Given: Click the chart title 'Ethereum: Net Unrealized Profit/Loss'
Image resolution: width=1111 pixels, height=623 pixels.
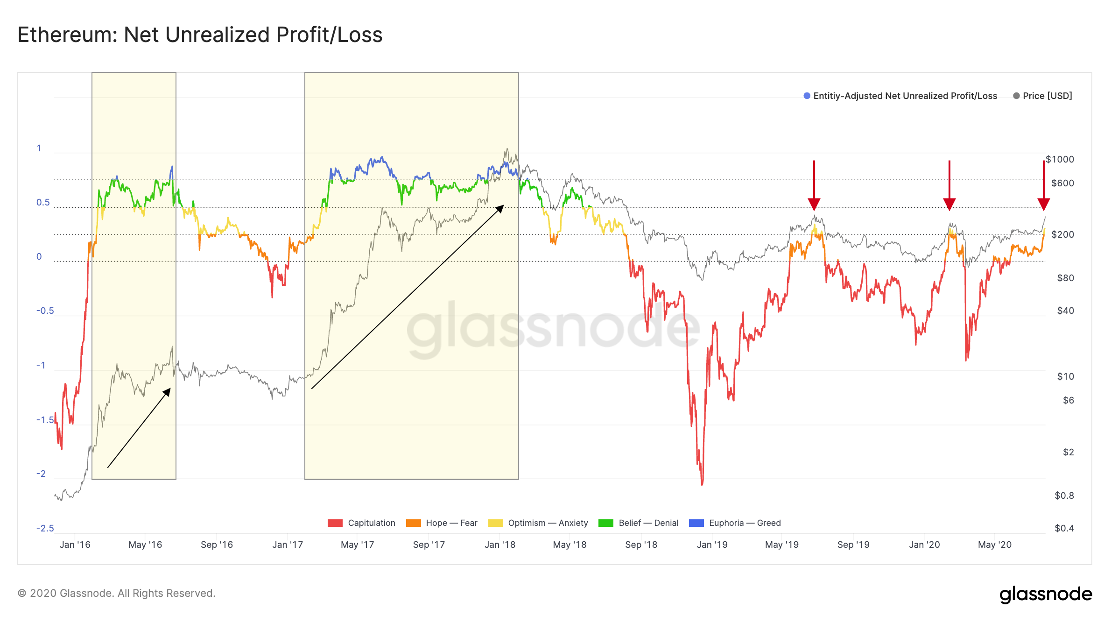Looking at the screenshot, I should coord(200,35).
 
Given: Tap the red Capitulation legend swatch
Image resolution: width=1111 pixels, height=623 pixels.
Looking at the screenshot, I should coord(335,523).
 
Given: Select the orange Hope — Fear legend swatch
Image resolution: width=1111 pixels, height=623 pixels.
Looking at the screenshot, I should coord(414,523).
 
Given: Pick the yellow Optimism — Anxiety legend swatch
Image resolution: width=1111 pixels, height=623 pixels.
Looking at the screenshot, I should coord(496,523).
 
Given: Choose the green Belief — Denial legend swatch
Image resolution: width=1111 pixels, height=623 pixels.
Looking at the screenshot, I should coord(606,523).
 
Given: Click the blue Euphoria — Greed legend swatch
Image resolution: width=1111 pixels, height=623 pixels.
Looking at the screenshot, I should coord(696,523).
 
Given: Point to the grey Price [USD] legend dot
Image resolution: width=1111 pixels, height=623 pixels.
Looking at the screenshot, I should coord(1016,96).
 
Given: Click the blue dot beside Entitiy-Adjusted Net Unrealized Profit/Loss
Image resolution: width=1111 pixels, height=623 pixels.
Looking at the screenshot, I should coord(807,96).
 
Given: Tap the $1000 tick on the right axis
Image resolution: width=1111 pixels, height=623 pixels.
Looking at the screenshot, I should coord(1060,159).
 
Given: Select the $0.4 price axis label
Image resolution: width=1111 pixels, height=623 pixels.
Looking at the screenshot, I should coord(1064,528).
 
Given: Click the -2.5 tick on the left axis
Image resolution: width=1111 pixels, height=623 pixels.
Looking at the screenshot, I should coord(45,528).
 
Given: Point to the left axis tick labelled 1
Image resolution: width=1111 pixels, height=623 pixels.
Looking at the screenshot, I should coord(39,148).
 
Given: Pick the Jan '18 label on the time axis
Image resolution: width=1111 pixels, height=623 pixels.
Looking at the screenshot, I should coord(500,545).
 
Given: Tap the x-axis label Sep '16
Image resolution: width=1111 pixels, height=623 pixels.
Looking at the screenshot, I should coord(217,545).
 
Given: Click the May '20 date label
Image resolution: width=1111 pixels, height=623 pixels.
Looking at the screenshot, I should coord(995,545).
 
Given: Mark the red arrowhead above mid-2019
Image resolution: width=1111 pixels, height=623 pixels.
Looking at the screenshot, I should coord(814,204).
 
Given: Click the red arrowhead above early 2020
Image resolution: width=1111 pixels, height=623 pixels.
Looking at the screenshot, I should coord(949,204).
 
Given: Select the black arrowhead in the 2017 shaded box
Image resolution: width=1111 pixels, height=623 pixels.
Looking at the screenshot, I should coord(500,208).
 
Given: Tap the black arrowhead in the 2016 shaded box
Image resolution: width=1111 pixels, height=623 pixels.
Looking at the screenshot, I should coord(167,392).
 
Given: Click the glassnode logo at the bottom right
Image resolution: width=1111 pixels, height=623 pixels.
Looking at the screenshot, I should coord(1046,594).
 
